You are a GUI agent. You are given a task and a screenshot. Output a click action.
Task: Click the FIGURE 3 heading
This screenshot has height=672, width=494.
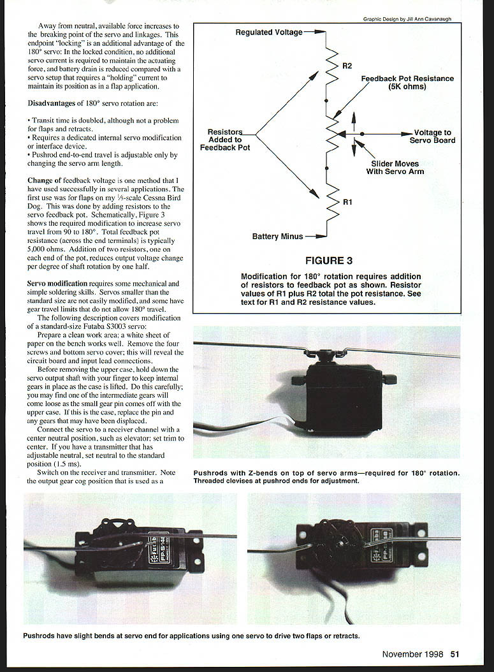coord(330,260)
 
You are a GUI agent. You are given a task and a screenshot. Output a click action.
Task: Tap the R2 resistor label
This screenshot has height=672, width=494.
coord(347,66)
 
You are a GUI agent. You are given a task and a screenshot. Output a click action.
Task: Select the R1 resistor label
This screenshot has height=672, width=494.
coord(347,202)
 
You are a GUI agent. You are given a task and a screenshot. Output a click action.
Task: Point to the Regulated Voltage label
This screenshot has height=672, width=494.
coord(269,32)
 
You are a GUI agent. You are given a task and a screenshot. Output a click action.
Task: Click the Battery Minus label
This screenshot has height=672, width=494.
coord(277,237)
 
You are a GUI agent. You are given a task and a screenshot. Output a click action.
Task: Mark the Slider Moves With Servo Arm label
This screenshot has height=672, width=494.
coord(395,168)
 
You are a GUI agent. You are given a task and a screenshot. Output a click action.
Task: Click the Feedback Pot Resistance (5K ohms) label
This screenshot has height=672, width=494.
coord(407,82)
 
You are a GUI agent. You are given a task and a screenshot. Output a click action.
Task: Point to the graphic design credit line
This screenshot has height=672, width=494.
coord(407,19)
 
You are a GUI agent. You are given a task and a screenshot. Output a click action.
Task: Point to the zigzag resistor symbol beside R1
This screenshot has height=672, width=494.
coord(331,202)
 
